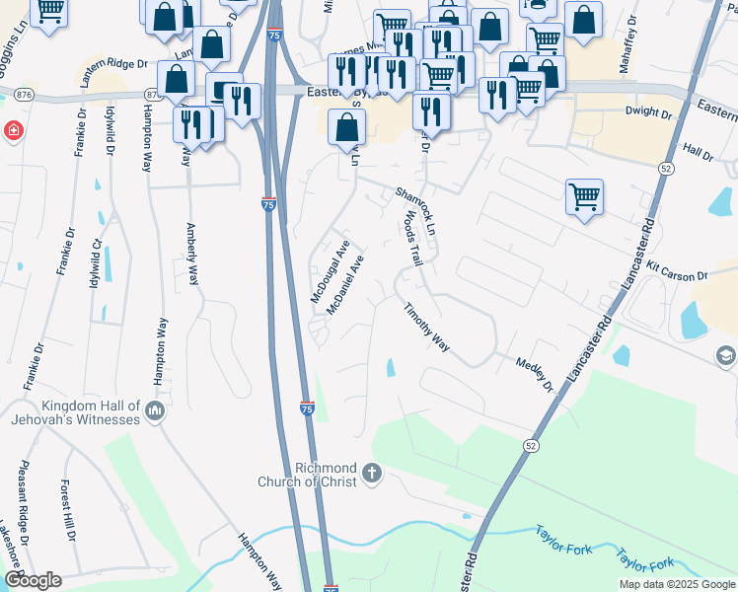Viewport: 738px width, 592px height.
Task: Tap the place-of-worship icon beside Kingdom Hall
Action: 153,410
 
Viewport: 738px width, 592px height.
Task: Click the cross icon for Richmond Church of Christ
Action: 372,475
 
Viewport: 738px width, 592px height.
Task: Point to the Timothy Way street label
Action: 426,328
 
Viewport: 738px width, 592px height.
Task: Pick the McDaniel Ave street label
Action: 345,285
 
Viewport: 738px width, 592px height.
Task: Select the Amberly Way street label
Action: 192,255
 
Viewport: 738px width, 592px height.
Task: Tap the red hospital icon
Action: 12,130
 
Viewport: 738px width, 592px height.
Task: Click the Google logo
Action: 33,580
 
